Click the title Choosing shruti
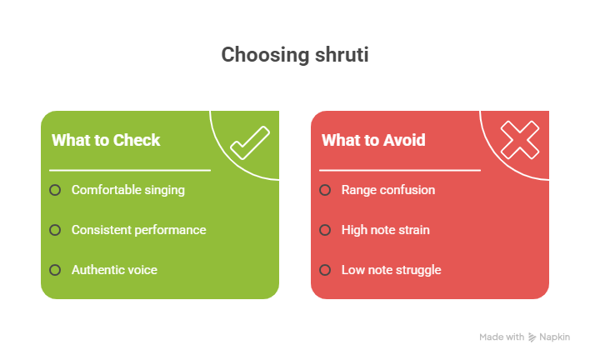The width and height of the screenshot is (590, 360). pyautogui.click(x=295, y=55)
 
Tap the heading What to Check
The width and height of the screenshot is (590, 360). pyautogui.click(x=106, y=140)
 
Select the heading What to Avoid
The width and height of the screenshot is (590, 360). pyautogui.click(x=373, y=140)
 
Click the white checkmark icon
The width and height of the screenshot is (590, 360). pyautogui.click(x=250, y=142)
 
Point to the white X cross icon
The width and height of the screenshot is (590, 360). pyautogui.click(x=520, y=139)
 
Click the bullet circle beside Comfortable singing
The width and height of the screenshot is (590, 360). pyautogui.click(x=55, y=190)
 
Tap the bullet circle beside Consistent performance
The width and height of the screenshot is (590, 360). pyautogui.click(x=55, y=230)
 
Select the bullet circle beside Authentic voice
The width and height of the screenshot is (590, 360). pyautogui.click(x=55, y=270)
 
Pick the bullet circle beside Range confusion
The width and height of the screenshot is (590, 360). pyautogui.click(x=325, y=190)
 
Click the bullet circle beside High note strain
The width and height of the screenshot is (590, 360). pyautogui.click(x=325, y=230)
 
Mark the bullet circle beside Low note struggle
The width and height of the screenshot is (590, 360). pyautogui.click(x=325, y=270)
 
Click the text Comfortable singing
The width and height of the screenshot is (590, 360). pyautogui.click(x=128, y=190)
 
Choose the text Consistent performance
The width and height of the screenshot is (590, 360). pyautogui.click(x=138, y=230)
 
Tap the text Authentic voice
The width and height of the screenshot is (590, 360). pyautogui.click(x=114, y=270)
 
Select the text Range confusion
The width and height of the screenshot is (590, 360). pyautogui.click(x=388, y=190)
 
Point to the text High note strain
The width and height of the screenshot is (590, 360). pyautogui.click(x=386, y=230)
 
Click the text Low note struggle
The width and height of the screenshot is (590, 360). pyautogui.click(x=392, y=270)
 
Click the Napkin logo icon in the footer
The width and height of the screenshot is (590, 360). pyautogui.click(x=532, y=337)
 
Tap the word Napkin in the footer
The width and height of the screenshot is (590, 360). pyautogui.click(x=555, y=337)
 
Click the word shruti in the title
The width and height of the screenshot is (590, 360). pyautogui.click(x=341, y=55)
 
